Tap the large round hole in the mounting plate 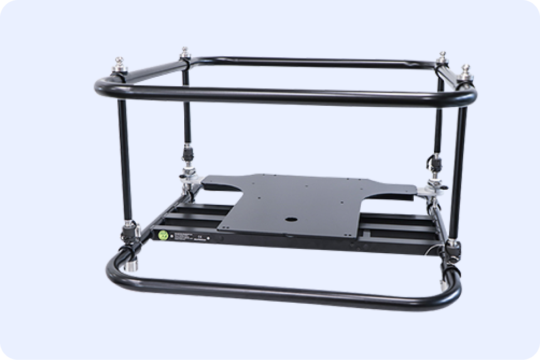point(290,219)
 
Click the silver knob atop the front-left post point(120,62)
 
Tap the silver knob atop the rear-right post point(443,57)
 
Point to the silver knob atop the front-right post point(465,70)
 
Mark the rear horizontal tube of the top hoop point(312,61)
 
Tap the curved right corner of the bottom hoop point(454,292)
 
